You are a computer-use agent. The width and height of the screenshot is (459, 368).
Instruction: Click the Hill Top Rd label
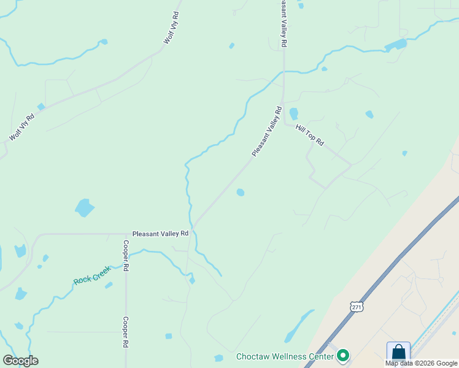click(x=309, y=134)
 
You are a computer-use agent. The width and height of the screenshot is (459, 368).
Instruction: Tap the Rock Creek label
click(x=91, y=275)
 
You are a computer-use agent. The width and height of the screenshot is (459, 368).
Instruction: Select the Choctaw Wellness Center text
click(x=285, y=356)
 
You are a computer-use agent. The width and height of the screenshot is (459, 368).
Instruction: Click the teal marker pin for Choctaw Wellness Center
click(x=343, y=355)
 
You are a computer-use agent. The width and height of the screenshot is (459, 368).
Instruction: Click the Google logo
click(x=20, y=361)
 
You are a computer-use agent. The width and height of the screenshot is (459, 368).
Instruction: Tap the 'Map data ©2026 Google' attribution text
click(x=422, y=363)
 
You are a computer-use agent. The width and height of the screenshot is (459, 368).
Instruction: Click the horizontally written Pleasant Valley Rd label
click(x=160, y=234)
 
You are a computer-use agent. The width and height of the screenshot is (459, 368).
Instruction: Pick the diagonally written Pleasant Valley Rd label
click(x=266, y=131)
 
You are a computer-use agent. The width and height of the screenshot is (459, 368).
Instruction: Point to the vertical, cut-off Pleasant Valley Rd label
click(x=283, y=23)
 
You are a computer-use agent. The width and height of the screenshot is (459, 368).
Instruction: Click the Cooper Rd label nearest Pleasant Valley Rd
click(x=125, y=255)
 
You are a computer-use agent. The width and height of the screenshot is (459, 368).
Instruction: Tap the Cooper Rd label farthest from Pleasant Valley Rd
click(x=125, y=332)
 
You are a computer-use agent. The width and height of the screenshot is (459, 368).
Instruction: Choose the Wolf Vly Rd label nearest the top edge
click(x=171, y=28)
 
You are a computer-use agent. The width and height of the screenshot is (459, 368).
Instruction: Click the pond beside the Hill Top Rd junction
click(x=293, y=113)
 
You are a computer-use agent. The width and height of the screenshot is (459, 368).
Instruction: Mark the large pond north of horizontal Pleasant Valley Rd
click(x=85, y=207)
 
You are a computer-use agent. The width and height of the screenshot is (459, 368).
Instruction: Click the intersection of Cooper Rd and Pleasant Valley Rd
click(x=125, y=234)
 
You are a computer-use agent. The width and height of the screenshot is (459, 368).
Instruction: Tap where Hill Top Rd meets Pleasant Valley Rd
click(x=284, y=121)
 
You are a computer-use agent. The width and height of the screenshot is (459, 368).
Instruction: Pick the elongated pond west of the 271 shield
click(x=299, y=326)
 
